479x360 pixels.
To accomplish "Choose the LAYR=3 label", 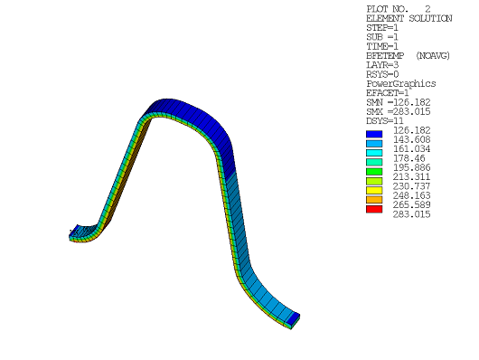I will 383,65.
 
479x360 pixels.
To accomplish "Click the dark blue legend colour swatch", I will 374,134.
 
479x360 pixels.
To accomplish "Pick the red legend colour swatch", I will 374,209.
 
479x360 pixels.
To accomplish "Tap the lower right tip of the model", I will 296,319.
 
